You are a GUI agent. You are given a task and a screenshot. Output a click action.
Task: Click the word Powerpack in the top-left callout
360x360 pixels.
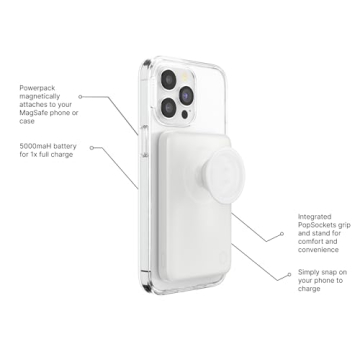(38, 88)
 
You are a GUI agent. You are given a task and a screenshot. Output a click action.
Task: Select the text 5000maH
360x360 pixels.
(39, 147)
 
